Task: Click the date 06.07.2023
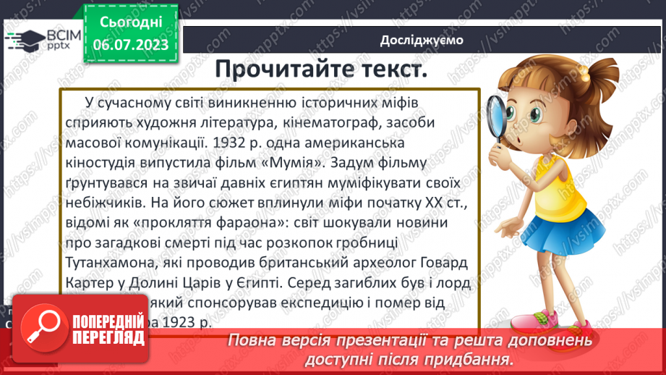click(131, 44)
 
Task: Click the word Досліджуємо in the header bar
click(422, 41)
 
